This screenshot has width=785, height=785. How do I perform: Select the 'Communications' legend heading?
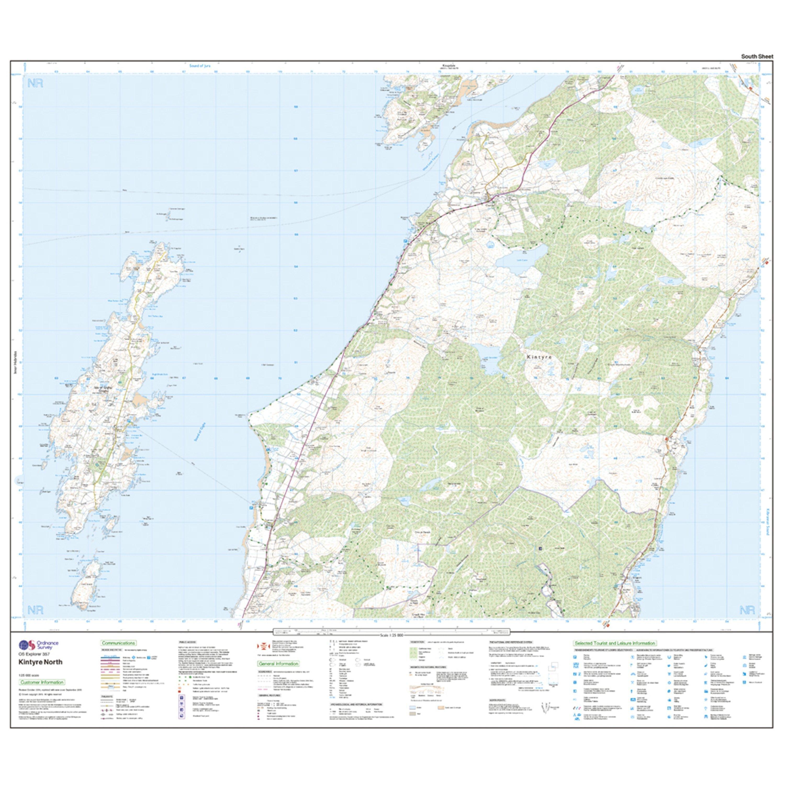(x=118, y=643)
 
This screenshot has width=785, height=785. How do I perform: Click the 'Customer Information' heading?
(x=42, y=682)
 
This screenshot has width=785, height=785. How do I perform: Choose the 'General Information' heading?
(x=278, y=664)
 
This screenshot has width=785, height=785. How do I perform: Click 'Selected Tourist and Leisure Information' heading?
(x=614, y=643)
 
